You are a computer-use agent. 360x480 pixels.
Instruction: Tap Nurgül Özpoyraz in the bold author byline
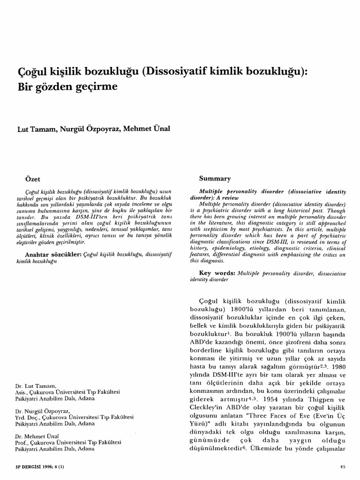pyautogui.click(x=89, y=129)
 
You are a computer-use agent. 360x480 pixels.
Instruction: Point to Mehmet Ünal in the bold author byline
pyautogui.click(x=147, y=129)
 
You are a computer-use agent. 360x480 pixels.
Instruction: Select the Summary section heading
pyautogui.click(x=215, y=179)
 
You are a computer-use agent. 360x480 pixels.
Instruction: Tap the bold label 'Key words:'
pyautogui.click(x=217, y=272)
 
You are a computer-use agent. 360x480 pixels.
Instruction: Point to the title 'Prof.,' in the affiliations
pyautogui.click(x=23, y=442)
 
